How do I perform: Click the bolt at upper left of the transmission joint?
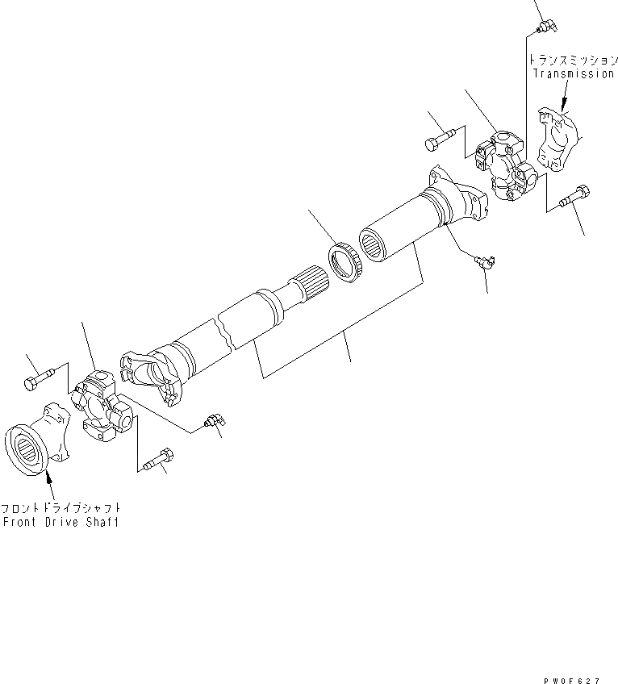pyautogui.click(x=441, y=136)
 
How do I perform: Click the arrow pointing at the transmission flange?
pyautogui.click(x=562, y=103)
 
